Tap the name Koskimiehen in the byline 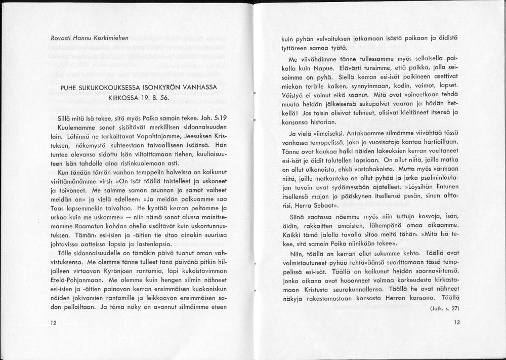click(x=110, y=38)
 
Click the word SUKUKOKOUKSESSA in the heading click(x=114, y=88)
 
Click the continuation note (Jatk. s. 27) click(x=444, y=308)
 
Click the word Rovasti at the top click(x=61, y=38)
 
